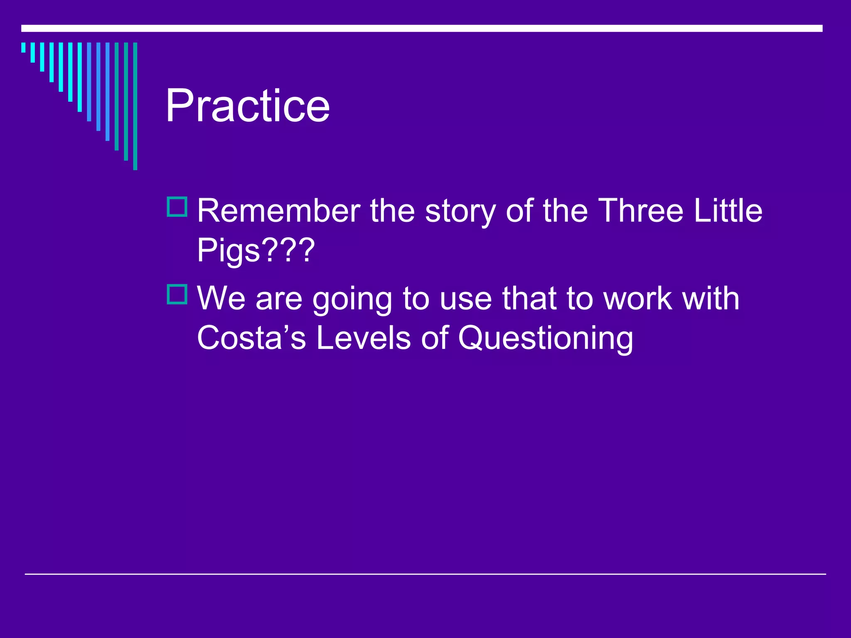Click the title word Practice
click(247, 106)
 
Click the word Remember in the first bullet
click(278, 211)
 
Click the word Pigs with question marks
click(256, 250)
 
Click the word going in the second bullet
click(352, 299)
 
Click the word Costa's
click(251, 338)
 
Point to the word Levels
click(364, 338)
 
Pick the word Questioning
click(546, 339)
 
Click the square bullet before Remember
click(177, 207)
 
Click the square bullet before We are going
click(177, 294)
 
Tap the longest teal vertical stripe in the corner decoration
click(135, 106)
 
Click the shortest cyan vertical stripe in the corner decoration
click(23, 47)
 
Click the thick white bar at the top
click(422, 28)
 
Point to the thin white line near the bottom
click(425, 574)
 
